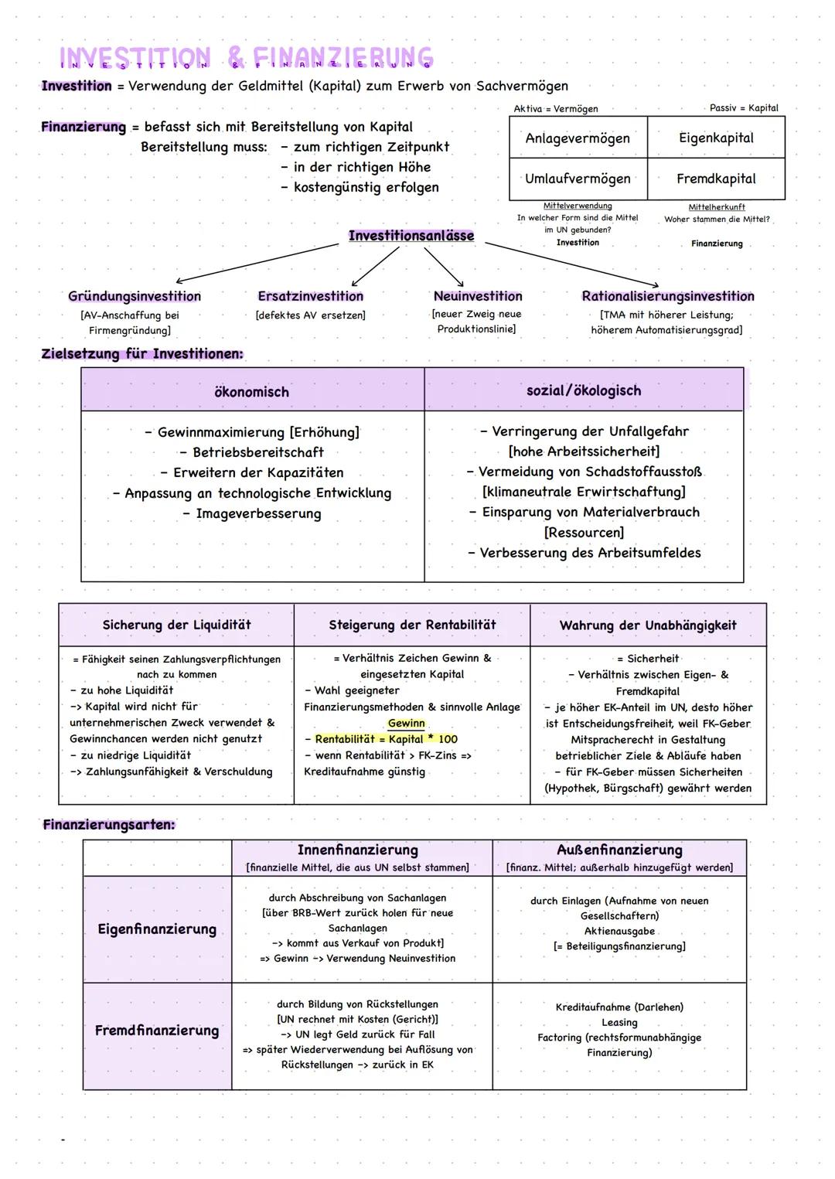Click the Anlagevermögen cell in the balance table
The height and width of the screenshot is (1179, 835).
578,138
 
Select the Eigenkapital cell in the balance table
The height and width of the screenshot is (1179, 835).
716,138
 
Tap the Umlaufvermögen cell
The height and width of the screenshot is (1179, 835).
578,179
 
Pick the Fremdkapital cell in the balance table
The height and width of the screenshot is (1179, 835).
716,179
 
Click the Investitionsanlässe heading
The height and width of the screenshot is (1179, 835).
411,236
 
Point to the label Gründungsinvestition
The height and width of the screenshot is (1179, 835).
135,296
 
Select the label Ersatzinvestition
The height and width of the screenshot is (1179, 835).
310,296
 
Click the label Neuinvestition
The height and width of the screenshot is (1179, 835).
478,296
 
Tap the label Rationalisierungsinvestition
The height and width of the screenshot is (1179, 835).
668,296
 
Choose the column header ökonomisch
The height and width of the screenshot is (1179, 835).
251,392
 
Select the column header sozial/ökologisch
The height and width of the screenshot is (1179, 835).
584,390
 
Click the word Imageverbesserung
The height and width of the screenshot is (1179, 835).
258,513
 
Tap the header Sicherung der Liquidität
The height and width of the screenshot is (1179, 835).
176,625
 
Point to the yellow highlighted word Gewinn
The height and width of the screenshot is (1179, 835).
407,723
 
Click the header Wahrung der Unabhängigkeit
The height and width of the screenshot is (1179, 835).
648,625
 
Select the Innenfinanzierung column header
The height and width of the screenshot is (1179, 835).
357,850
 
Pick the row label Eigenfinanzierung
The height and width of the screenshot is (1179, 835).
157,929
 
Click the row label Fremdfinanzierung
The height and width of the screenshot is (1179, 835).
157,1031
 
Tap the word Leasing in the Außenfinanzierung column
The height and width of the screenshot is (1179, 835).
619,1022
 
